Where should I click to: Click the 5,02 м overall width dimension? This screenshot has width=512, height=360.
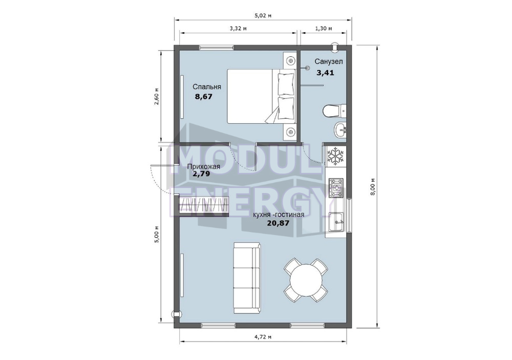click(x=263, y=15)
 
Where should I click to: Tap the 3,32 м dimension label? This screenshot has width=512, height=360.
click(x=238, y=29)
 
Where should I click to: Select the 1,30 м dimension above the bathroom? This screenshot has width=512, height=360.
click(x=324, y=29)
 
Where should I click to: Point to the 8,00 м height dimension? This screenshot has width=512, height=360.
click(x=373, y=187)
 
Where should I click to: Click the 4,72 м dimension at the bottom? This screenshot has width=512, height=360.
click(x=263, y=337)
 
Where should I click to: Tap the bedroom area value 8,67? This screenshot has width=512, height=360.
click(x=203, y=97)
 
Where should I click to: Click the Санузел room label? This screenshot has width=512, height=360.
click(x=329, y=61)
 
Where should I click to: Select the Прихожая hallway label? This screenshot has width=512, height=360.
click(x=203, y=167)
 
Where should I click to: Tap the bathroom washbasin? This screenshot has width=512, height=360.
click(x=340, y=131)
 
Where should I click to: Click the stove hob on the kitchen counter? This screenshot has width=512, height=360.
click(x=336, y=188)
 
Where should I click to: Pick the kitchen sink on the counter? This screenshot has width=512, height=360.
click(x=336, y=222)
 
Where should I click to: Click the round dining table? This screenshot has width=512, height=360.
click(x=306, y=280)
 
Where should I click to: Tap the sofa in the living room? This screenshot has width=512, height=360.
click(x=247, y=278)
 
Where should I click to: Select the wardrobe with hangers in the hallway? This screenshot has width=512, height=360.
click(x=204, y=205)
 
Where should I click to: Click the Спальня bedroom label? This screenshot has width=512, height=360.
click(x=207, y=87)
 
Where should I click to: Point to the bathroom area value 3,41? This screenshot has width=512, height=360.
click(x=325, y=73)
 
